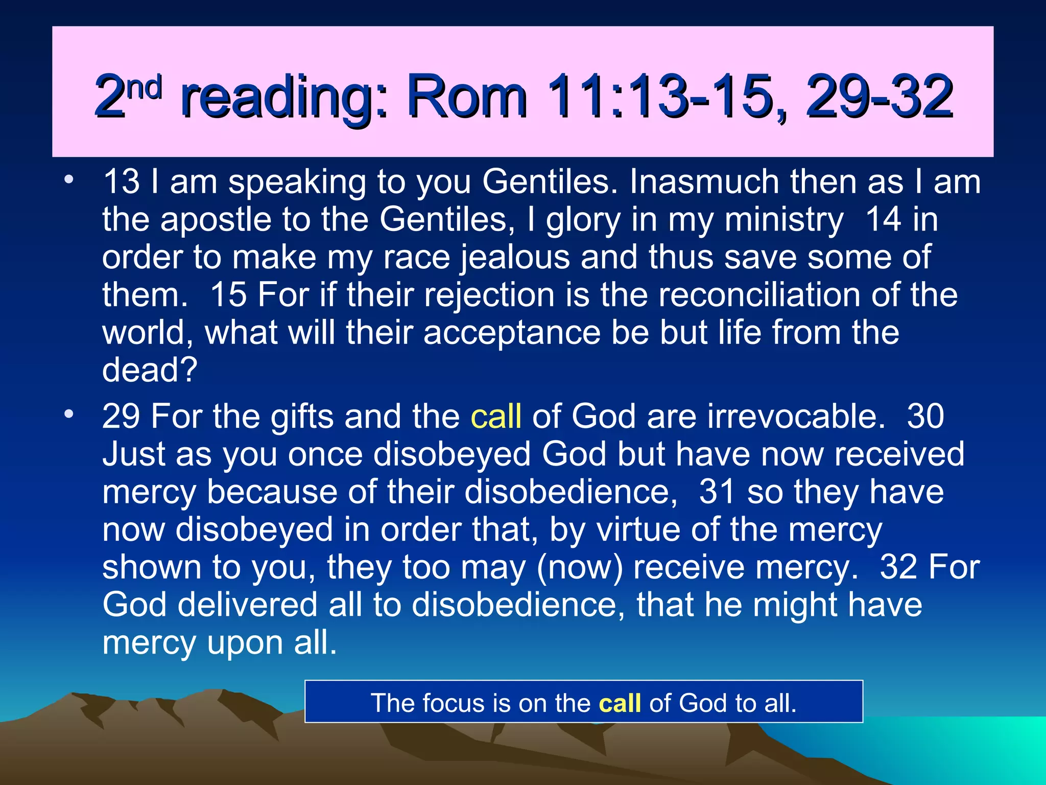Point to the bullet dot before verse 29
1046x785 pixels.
coord(69,414)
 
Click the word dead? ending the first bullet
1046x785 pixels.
coord(150,370)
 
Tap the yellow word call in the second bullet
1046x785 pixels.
coord(496,416)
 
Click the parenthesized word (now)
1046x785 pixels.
coord(580,567)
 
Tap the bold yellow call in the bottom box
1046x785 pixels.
coord(620,703)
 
